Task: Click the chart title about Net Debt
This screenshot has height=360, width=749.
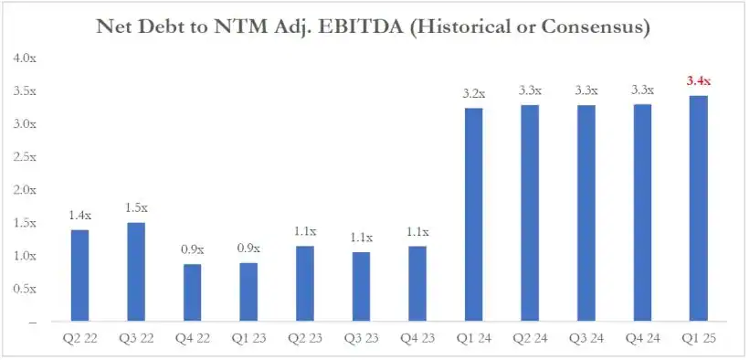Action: (373, 27)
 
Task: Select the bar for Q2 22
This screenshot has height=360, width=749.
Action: (79, 275)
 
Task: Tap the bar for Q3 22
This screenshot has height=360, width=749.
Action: (135, 272)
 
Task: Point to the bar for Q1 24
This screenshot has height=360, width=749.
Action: (473, 215)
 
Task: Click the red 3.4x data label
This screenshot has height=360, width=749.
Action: (698, 81)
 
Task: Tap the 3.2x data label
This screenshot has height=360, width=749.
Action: (474, 93)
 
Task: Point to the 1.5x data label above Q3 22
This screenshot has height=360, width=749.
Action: (135, 208)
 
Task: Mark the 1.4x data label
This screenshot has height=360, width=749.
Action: (79, 216)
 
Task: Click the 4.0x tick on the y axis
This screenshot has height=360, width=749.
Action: (25, 58)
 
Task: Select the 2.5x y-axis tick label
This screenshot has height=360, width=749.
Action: (25, 157)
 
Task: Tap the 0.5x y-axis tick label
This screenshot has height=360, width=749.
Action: (25, 289)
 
